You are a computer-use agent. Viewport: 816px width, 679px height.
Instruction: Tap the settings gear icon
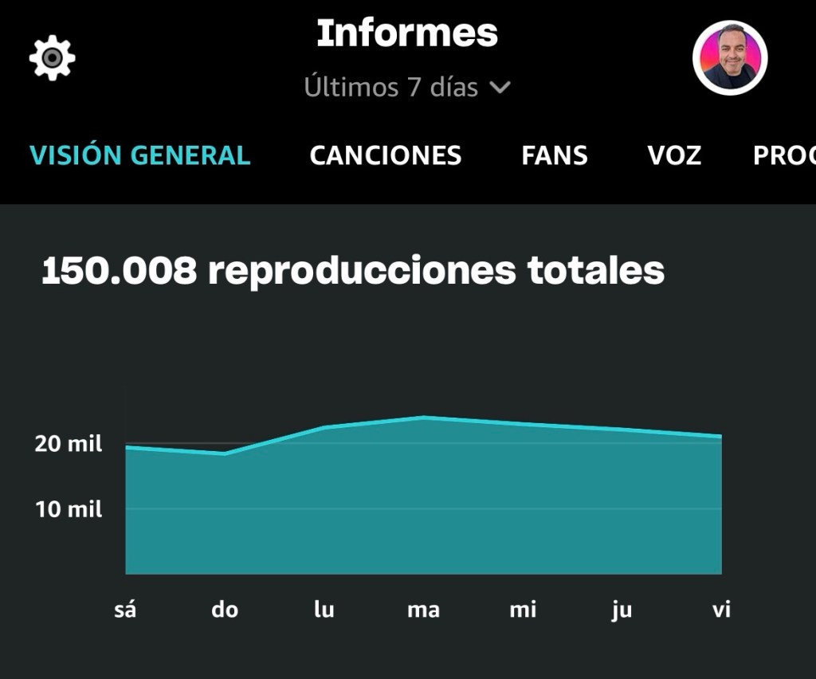(x=53, y=58)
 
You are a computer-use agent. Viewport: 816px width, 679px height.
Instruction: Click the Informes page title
(x=407, y=33)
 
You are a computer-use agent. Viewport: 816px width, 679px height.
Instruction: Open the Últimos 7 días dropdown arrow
(x=500, y=87)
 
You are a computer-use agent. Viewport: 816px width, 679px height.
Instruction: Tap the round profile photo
(x=729, y=58)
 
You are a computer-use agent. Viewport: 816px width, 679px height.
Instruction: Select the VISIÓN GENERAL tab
(x=140, y=155)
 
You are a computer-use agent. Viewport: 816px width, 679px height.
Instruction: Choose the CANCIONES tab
(x=386, y=155)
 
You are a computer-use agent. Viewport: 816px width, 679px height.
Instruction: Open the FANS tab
(x=555, y=155)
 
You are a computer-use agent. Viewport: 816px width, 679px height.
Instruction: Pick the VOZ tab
(x=674, y=155)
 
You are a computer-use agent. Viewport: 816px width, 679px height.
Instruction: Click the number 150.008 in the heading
(x=119, y=271)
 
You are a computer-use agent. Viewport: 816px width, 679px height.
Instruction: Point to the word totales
(x=595, y=271)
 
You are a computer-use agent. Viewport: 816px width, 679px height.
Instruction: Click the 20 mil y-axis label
(x=69, y=444)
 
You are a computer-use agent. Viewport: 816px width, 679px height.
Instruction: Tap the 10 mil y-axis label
(x=69, y=509)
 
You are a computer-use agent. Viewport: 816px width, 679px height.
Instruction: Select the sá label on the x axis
(x=125, y=610)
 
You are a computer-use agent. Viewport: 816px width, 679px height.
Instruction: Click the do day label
(x=225, y=610)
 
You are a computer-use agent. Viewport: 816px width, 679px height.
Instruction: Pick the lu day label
(x=324, y=610)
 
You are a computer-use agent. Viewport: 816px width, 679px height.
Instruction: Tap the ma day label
(x=423, y=610)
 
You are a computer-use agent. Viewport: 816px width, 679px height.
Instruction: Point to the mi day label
(x=523, y=610)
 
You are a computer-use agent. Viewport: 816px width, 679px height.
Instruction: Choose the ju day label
(x=622, y=610)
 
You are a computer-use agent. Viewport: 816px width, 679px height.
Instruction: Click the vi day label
(x=721, y=610)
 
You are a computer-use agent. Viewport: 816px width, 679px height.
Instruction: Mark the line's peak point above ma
(x=424, y=418)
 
